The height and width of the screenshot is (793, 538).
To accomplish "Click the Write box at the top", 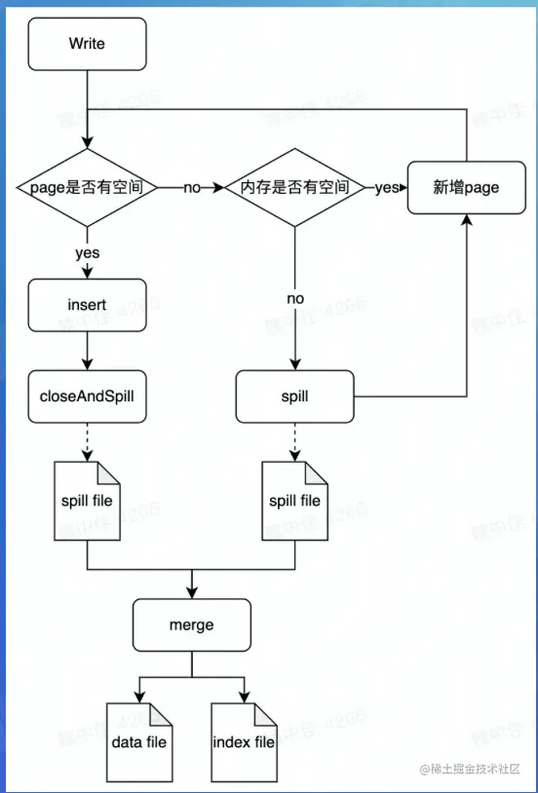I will tap(87, 44).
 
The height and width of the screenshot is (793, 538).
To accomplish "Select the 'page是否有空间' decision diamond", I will tap(87, 187).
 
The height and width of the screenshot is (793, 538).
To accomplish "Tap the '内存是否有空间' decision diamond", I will tap(294, 187).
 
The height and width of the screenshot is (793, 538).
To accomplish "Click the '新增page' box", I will tap(467, 187).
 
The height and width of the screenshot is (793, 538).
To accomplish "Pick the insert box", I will tap(87, 305).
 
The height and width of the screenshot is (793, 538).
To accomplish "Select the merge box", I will tap(191, 624).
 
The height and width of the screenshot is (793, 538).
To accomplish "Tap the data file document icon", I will tap(138, 739).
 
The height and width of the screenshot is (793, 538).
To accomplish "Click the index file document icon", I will tap(244, 739).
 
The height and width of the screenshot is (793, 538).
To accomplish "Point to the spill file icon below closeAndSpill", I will tap(87, 501).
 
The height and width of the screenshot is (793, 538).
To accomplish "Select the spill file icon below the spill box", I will tap(294, 501).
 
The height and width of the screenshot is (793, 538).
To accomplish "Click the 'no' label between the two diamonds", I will tap(192, 187).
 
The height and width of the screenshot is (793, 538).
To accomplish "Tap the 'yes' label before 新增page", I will tap(387, 187).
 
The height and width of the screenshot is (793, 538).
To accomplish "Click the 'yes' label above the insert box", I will tap(87, 252).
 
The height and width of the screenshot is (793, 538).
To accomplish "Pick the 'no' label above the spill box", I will tap(294, 296).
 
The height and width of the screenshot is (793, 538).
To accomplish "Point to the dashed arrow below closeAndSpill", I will tap(87, 441).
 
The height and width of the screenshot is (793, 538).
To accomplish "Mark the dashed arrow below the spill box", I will tap(294, 441).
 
